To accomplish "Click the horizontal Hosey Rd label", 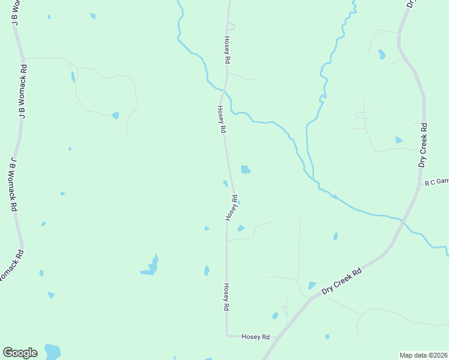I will point(256,337).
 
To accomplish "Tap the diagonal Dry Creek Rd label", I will point(342,281).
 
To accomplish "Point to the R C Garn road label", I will point(436,182).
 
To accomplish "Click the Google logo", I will point(20,353).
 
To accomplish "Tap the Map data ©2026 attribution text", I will point(424,355).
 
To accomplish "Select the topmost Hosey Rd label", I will point(228,50).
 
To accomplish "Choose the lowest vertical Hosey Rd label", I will point(226,296).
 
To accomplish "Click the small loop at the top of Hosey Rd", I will point(231,26).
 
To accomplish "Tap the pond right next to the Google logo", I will point(52,350).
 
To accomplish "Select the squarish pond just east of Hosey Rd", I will point(246,170).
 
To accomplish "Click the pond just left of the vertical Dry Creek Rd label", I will point(399,140).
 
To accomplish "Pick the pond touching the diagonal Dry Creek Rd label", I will point(312,286).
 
